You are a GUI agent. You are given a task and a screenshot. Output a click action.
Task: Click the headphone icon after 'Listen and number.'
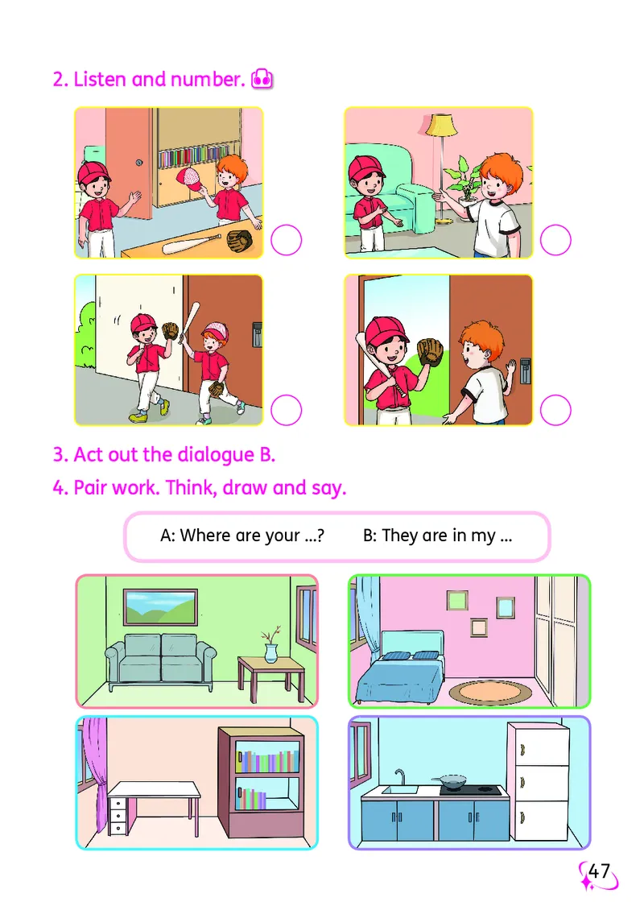[262, 79]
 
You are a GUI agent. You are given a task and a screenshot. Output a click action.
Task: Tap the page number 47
[600, 871]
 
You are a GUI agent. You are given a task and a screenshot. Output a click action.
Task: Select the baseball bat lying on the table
[191, 244]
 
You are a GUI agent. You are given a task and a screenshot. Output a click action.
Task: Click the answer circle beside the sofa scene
[555, 240]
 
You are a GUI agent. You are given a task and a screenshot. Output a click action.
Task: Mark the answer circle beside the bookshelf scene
[286, 240]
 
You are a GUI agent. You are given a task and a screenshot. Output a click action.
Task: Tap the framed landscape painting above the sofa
[161, 607]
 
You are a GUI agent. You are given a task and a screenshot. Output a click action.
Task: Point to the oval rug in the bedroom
[490, 692]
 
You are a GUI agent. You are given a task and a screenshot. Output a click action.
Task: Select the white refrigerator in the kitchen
[539, 782]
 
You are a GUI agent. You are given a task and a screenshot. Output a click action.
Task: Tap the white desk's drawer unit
[118, 814]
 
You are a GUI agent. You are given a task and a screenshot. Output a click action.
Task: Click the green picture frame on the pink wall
[457, 600]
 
